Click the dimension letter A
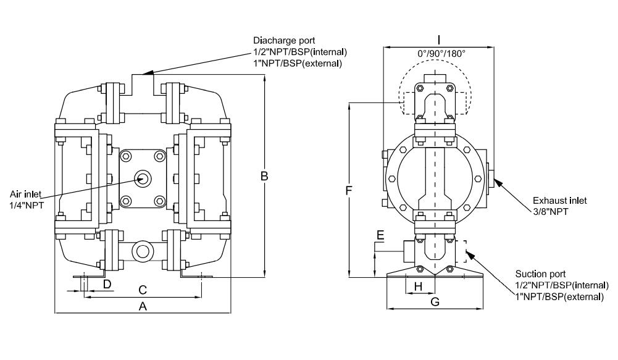(x=143, y=306)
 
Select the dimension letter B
(x=264, y=177)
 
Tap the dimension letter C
(x=143, y=289)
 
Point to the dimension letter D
(x=107, y=284)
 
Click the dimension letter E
(x=380, y=236)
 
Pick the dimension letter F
(x=349, y=191)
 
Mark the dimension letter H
(x=418, y=286)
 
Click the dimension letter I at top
(x=438, y=38)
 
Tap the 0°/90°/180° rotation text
(x=441, y=54)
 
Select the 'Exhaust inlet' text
(x=560, y=201)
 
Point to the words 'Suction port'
(x=540, y=274)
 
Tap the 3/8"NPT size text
(x=551, y=211)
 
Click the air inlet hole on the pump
(x=142, y=178)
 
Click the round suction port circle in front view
(x=143, y=251)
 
